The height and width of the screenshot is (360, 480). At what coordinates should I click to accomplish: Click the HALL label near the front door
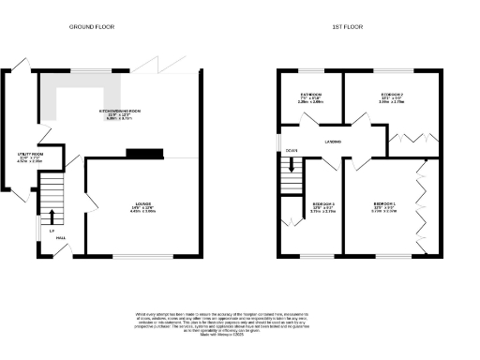coord(59,239)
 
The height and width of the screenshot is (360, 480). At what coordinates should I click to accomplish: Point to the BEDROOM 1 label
coord(384,205)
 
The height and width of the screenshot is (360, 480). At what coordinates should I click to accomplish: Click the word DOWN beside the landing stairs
coord(292,149)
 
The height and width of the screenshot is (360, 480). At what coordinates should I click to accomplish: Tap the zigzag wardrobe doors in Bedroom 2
coord(409,138)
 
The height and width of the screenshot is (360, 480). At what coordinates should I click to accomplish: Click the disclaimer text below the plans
coord(240,322)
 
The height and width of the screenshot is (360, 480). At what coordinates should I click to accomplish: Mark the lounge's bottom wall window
coord(141,255)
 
